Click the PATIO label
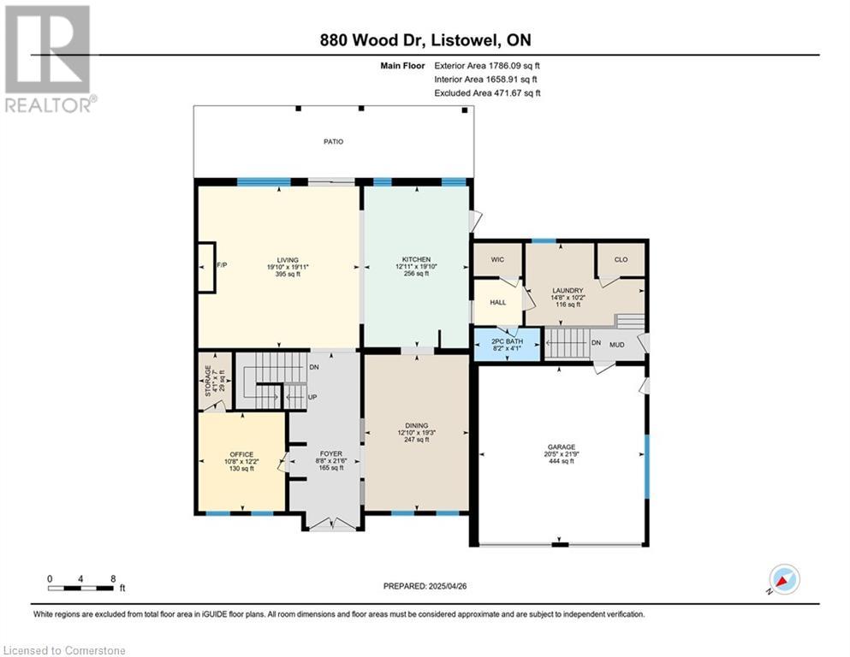click(x=333, y=141)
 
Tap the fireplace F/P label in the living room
click(x=222, y=265)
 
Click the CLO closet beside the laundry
click(x=621, y=259)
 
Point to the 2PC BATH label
click(x=508, y=342)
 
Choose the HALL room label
click(x=498, y=302)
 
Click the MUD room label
click(x=617, y=345)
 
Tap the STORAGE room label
click(x=208, y=380)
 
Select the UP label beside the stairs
click(x=312, y=397)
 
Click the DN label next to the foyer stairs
click(x=314, y=367)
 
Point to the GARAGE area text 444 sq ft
click(x=561, y=461)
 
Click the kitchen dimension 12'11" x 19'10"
click(x=416, y=267)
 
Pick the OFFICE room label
click(x=241, y=454)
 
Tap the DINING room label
click(x=416, y=426)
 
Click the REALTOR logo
click(x=49, y=58)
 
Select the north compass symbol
click(x=784, y=580)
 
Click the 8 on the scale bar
click(x=113, y=578)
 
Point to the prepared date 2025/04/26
click(x=447, y=586)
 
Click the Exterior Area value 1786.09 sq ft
click(x=514, y=66)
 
